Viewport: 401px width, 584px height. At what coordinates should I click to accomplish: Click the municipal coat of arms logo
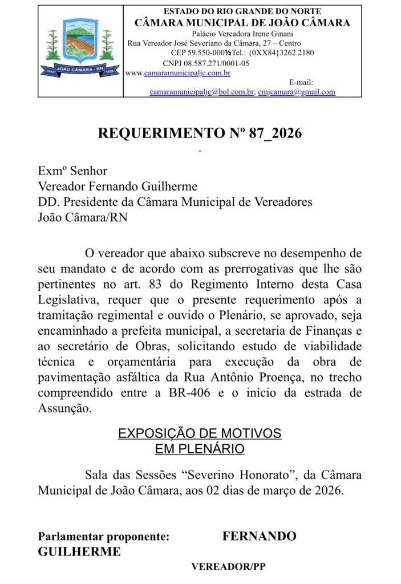click(79, 48)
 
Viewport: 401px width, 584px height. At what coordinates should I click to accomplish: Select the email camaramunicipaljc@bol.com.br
click(202, 92)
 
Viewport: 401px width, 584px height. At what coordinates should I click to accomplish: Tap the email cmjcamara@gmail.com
click(296, 92)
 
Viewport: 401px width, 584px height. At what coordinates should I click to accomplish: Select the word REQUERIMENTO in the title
click(159, 134)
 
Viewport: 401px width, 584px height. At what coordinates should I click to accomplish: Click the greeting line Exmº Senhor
click(72, 171)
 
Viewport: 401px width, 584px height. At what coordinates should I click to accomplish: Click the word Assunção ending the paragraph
click(64, 408)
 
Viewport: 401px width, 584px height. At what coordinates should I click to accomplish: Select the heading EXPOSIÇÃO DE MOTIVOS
click(200, 433)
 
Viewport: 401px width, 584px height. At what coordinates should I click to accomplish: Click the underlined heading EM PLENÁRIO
click(200, 449)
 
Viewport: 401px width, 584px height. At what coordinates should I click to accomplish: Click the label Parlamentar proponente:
click(104, 537)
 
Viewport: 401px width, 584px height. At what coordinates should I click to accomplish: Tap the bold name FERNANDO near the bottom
click(259, 537)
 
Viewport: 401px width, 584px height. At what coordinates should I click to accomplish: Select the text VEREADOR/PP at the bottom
click(228, 567)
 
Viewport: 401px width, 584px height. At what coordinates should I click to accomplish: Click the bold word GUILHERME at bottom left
click(79, 552)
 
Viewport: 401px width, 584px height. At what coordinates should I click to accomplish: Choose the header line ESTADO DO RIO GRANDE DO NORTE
click(242, 11)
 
